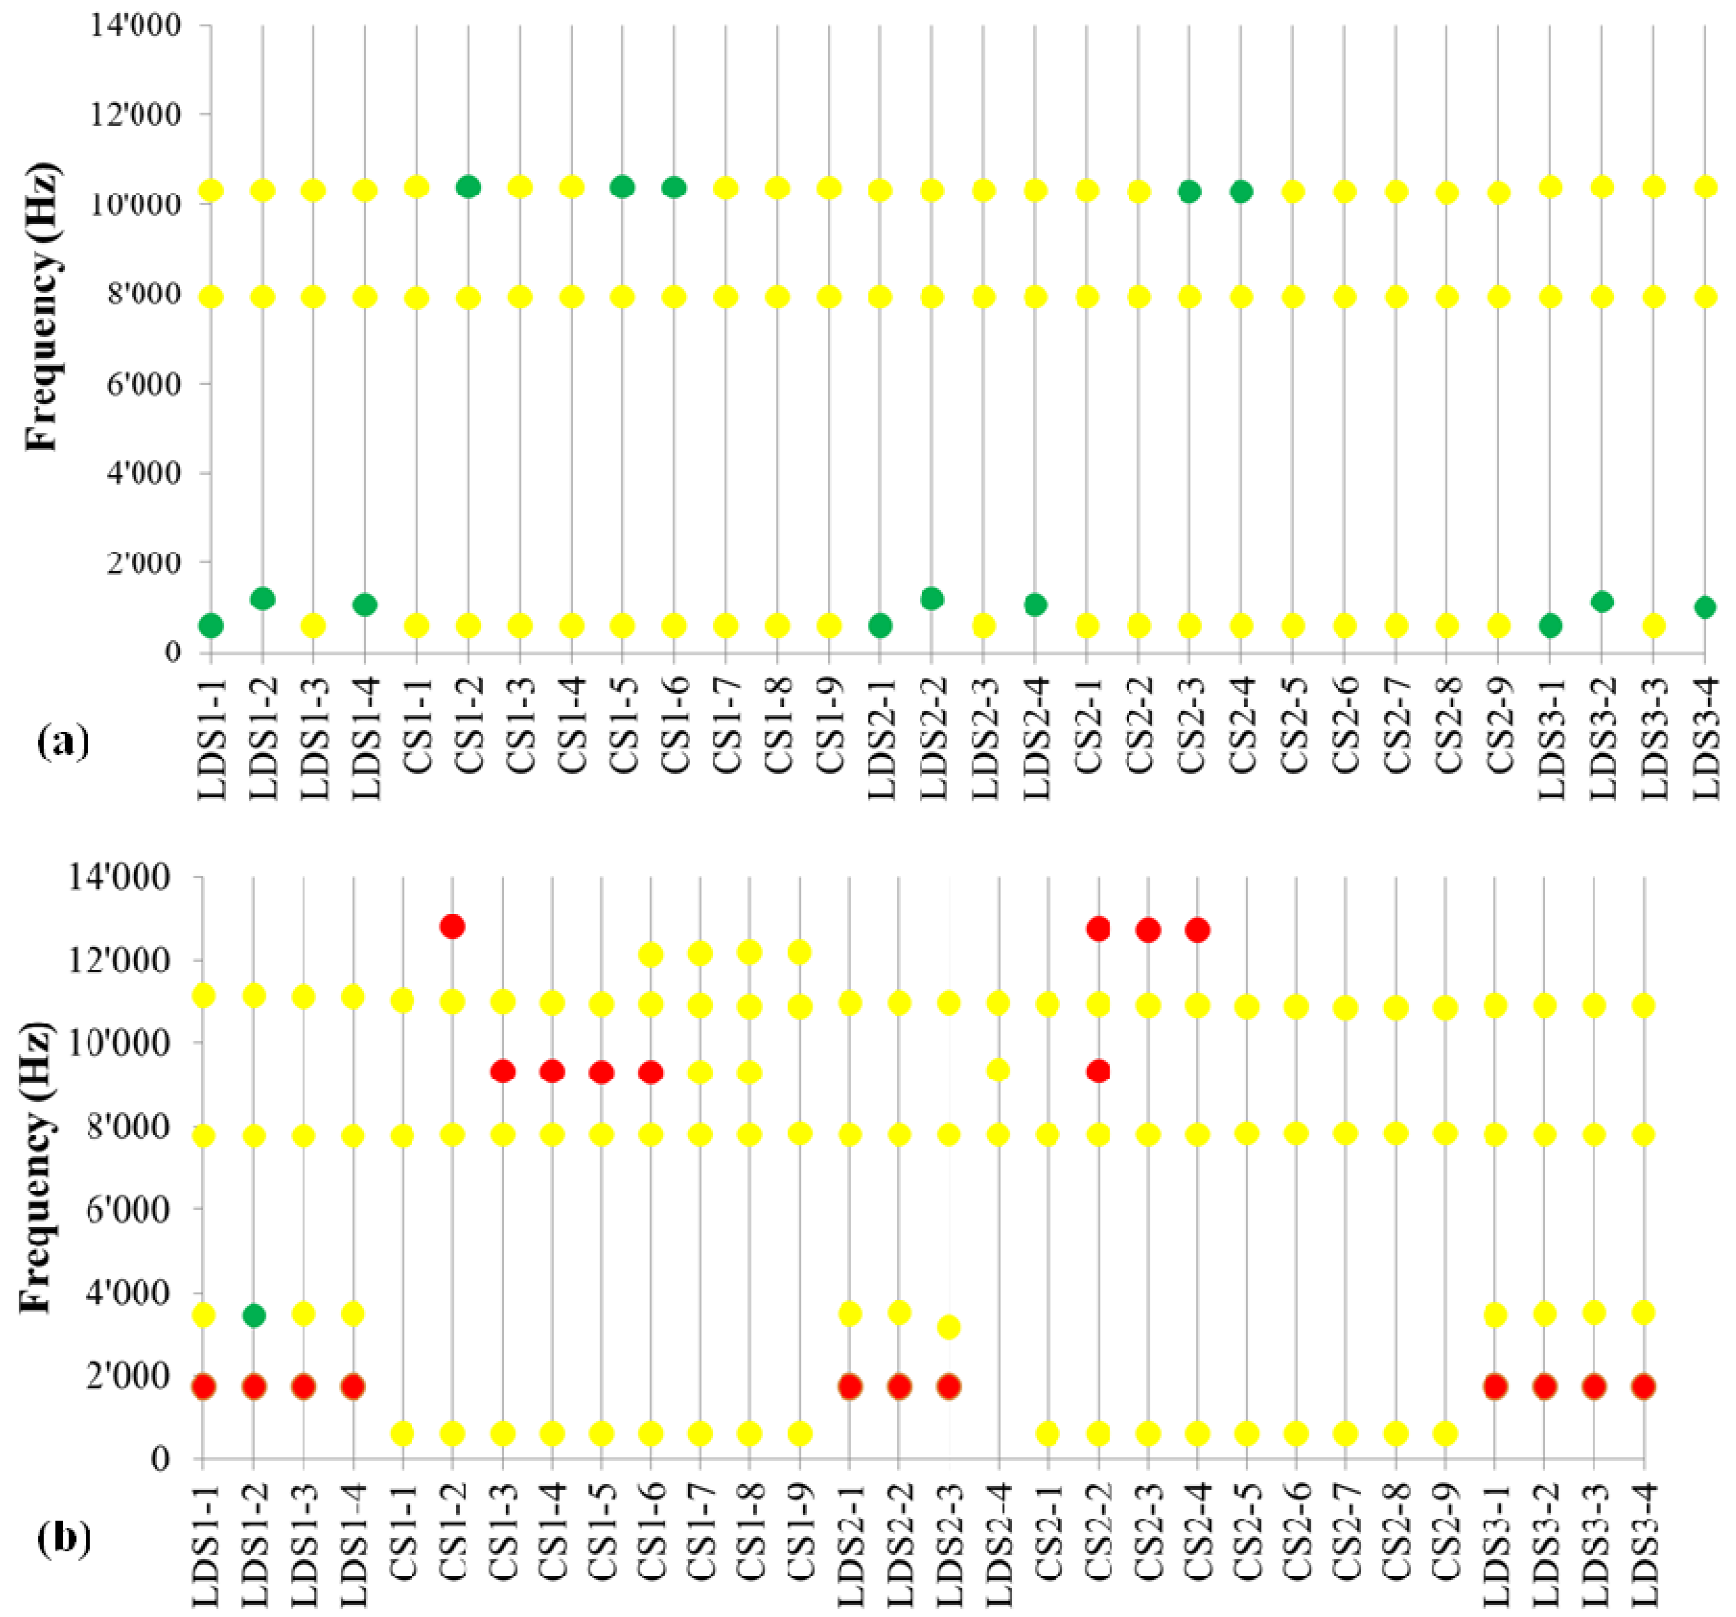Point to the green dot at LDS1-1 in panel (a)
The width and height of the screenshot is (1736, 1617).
point(210,626)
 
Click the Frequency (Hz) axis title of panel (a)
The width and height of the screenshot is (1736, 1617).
point(42,306)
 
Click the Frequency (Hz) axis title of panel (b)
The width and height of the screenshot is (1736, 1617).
point(37,1166)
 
